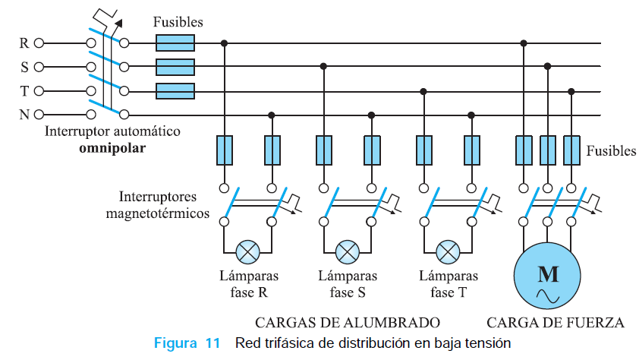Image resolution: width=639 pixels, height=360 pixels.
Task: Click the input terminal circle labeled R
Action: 39,43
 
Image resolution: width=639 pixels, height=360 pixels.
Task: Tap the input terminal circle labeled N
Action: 39,115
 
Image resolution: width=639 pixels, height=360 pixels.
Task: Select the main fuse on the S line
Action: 175,67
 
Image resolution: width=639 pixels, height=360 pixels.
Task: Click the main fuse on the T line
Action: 175,91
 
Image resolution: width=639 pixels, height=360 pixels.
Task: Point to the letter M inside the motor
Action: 548,273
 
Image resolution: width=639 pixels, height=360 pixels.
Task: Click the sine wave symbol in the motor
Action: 548,296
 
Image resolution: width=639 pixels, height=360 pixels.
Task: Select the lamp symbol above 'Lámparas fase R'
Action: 247,252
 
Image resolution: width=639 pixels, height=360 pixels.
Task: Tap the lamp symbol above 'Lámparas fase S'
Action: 348,252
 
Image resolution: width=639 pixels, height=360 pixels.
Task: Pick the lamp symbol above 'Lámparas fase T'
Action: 448,252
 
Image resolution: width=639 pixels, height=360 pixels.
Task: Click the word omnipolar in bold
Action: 112,148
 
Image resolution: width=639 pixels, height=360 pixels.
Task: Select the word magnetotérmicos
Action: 158,213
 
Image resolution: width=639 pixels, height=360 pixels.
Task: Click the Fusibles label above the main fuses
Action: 178,21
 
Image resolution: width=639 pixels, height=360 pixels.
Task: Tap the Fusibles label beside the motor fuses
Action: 611,151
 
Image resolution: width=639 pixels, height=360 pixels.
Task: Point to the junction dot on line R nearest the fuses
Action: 224,43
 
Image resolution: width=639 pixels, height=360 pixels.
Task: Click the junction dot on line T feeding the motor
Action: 571,91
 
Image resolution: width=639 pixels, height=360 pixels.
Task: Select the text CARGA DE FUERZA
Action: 556,323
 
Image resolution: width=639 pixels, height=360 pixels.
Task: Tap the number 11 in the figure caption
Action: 212,343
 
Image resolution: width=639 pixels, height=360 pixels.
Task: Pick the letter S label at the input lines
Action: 24,67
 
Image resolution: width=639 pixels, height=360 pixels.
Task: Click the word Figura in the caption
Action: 175,343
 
